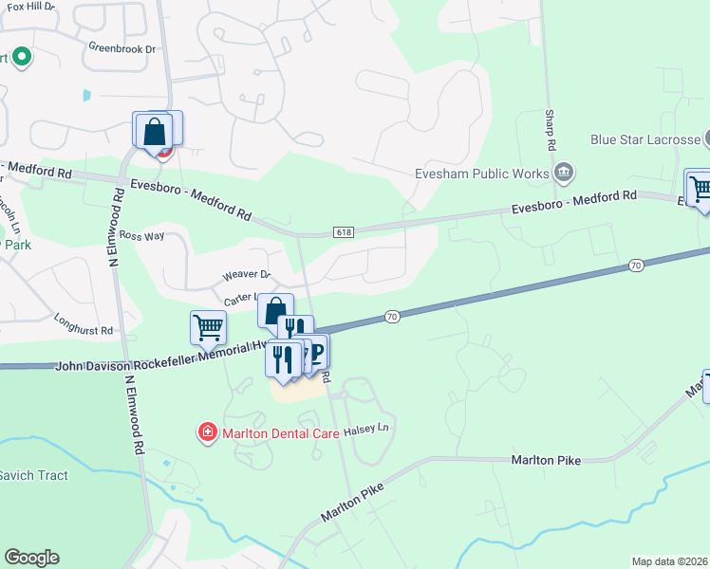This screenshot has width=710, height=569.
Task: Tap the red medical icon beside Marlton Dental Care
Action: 206,433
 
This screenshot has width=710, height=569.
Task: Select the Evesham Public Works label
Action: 482,174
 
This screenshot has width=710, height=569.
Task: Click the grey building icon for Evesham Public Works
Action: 564,172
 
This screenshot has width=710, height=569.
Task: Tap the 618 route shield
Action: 344,232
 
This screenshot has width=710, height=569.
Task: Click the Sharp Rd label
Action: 550,130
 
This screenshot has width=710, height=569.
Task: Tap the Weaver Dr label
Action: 247,275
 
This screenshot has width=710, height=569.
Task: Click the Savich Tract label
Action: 34,475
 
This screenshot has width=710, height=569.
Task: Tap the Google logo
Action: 31,558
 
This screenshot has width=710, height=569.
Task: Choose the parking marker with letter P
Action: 316,354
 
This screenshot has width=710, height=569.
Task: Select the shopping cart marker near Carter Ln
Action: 208,328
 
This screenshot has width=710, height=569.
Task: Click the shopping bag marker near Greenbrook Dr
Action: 155,131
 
